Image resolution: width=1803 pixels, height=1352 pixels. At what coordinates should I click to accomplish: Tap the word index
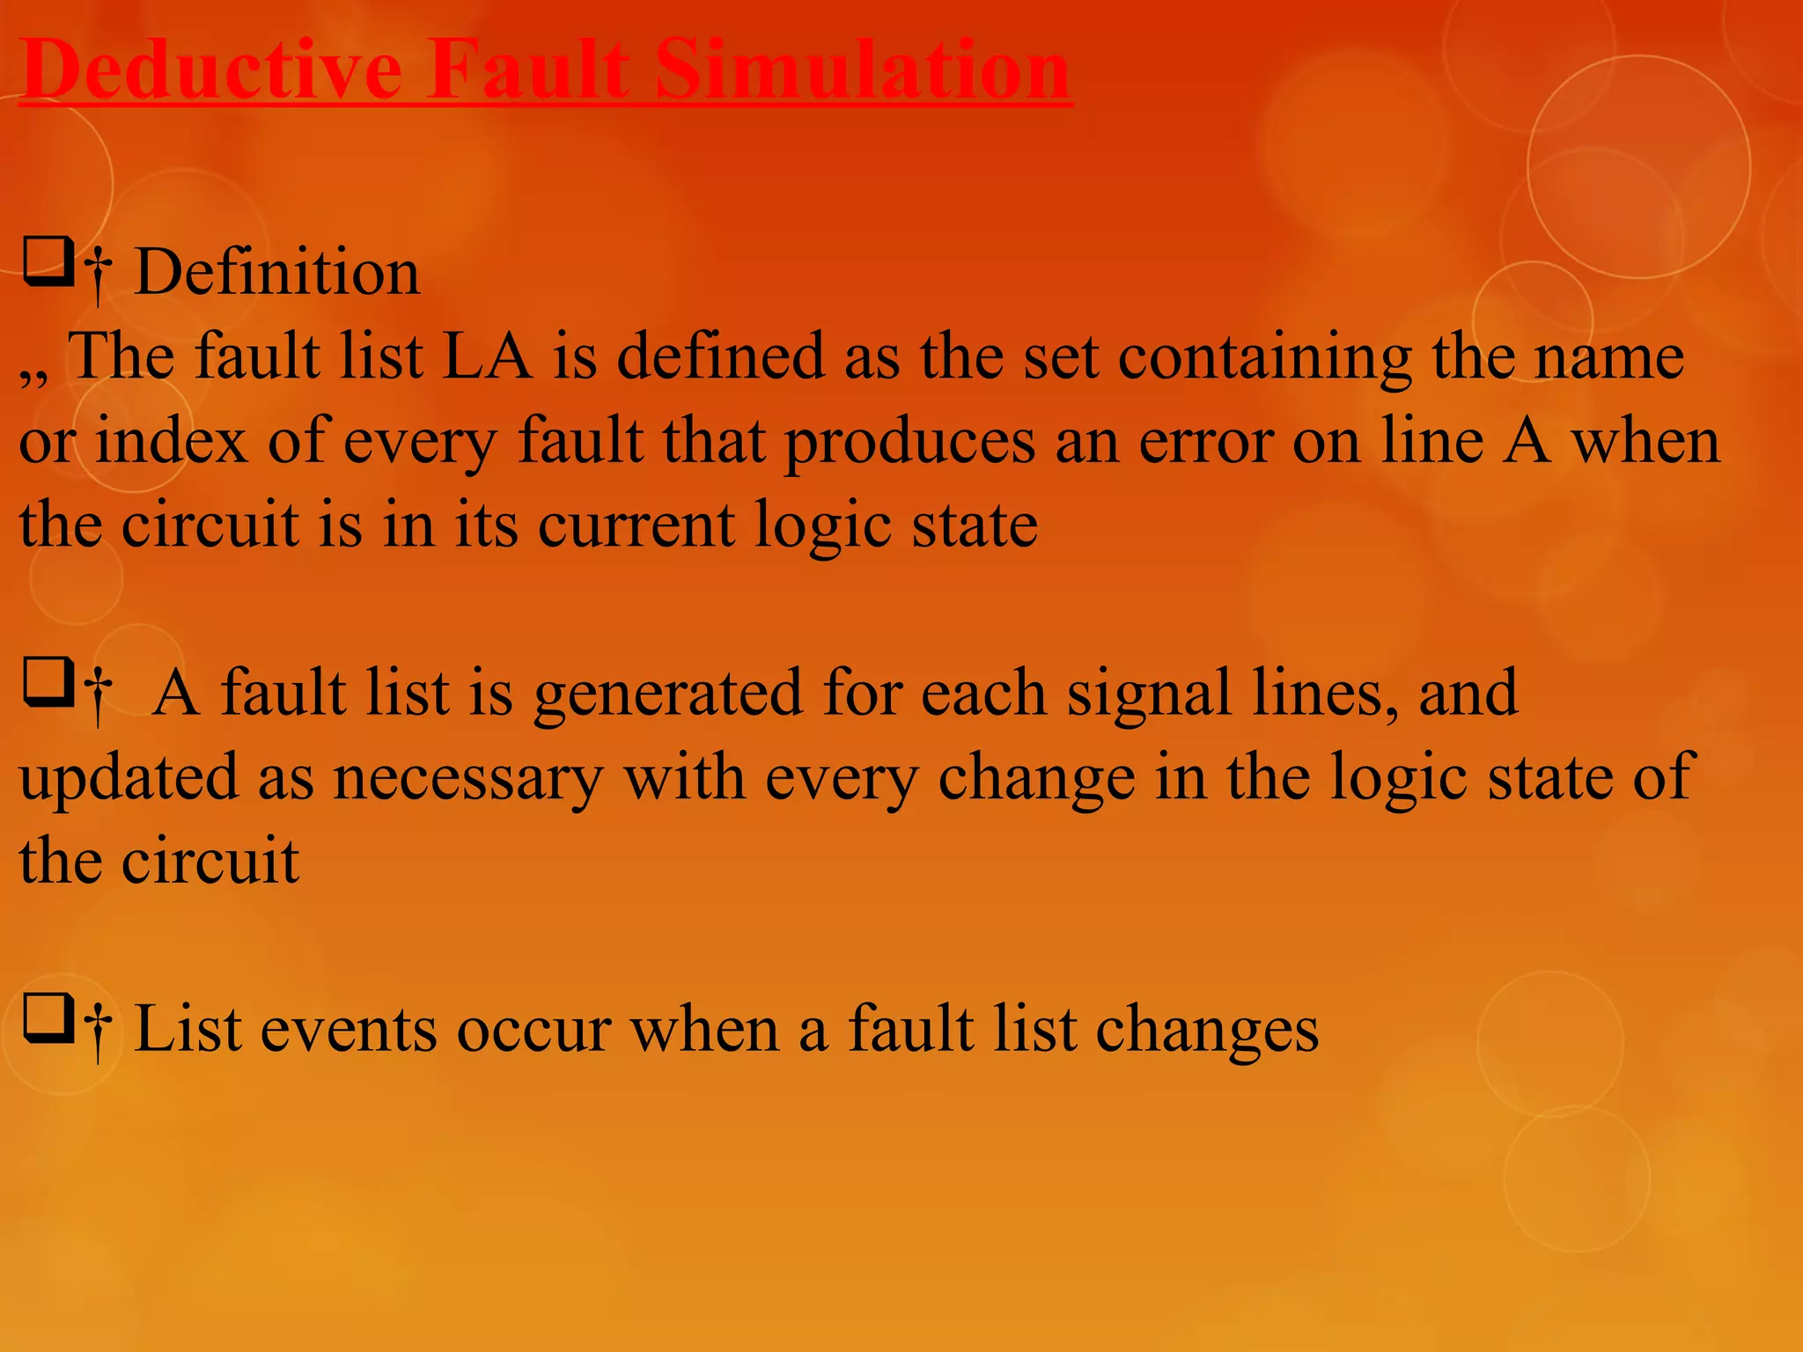(171, 440)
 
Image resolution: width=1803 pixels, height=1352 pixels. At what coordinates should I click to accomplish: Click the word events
(349, 1028)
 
